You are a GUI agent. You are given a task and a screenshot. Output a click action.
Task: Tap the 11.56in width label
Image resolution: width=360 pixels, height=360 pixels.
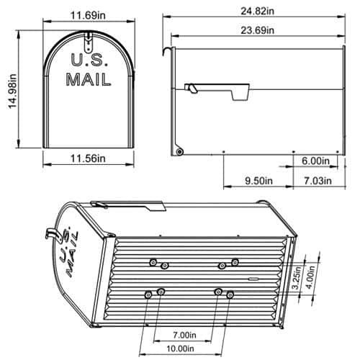87,158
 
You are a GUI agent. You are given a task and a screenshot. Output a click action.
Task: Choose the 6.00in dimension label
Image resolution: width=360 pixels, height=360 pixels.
315,161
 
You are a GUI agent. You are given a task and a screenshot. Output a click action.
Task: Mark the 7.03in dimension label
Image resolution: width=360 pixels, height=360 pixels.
318,181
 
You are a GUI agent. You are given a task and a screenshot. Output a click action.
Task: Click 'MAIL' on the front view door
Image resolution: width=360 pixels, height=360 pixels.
88,80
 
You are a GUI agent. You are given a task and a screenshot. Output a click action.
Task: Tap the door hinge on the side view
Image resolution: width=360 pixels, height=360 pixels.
179,150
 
